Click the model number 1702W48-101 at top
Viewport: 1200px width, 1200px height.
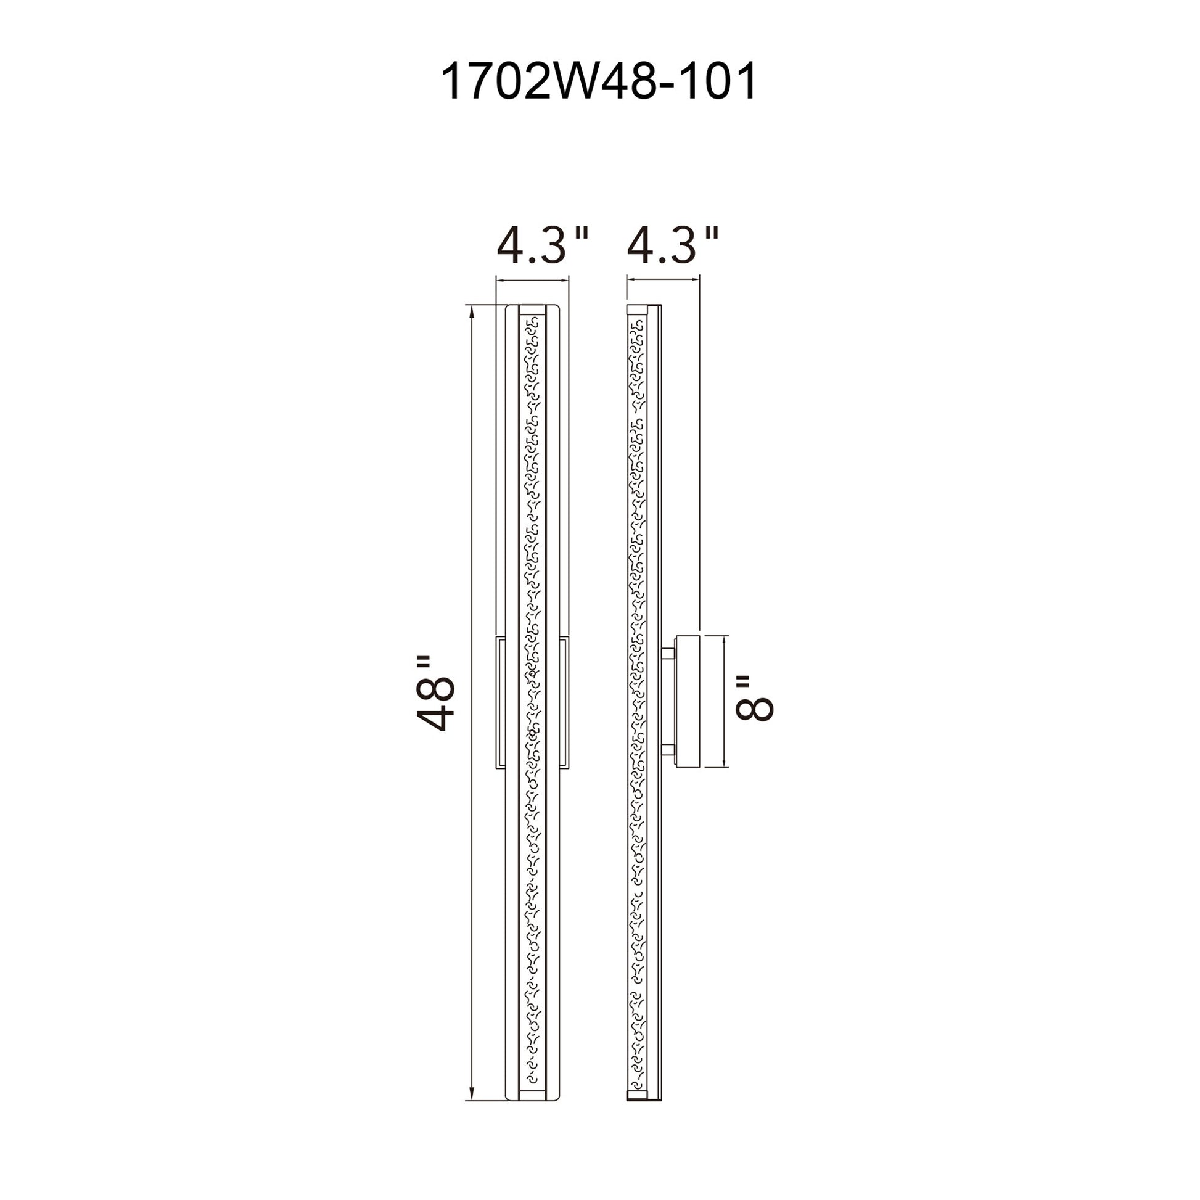(x=599, y=81)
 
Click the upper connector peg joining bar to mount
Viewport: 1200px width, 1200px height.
(x=668, y=654)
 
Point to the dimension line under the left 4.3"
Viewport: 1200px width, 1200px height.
(x=532, y=281)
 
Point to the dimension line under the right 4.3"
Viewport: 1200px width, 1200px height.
(x=663, y=279)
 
